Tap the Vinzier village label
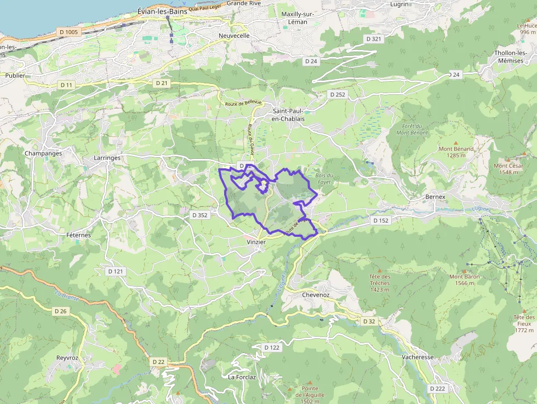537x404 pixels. [x=256, y=242]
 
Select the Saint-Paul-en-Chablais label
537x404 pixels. [x=288, y=115]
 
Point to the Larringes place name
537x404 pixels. [x=107, y=158]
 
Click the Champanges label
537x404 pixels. [x=43, y=153]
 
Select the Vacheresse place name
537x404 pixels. [x=418, y=357]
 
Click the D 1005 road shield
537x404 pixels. [x=68, y=32]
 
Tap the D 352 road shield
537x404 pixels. [x=200, y=215]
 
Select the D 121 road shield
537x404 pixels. [x=116, y=271]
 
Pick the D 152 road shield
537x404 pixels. [x=380, y=220]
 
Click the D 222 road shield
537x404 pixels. [x=437, y=388]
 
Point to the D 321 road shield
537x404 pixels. [x=373, y=39]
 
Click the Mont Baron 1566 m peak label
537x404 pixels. [x=465, y=280]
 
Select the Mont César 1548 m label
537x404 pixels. [x=509, y=169]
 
